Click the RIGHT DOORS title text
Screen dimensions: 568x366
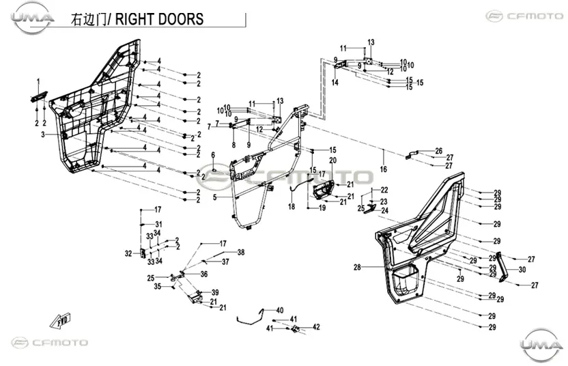tap(158, 19)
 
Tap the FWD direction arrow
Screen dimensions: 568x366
tap(61, 320)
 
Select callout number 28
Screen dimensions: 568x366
tap(357, 268)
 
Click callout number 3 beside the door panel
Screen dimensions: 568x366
tap(43, 135)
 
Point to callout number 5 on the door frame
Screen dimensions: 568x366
tap(215, 197)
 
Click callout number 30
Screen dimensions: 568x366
tap(522, 270)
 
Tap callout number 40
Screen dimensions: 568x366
tap(280, 310)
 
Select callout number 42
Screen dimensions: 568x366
tap(316, 327)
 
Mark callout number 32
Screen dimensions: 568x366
tap(128, 253)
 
